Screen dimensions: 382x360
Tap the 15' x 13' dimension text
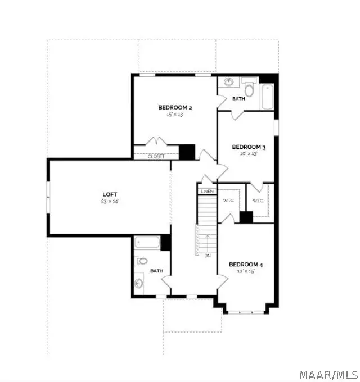click(175, 115)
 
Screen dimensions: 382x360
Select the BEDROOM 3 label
click(249, 147)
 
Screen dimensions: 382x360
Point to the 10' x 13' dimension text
click(248, 154)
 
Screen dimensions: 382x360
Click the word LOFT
click(109, 194)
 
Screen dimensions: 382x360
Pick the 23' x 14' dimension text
click(109, 201)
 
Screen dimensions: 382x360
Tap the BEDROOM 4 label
click(246, 264)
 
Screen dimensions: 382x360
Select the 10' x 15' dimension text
click(246, 271)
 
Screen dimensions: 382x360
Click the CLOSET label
click(156, 157)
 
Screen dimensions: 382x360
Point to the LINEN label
click(206, 192)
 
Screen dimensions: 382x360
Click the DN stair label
click(208, 256)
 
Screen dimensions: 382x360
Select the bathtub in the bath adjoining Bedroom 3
click(267, 97)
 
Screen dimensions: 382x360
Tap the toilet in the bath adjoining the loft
click(142, 261)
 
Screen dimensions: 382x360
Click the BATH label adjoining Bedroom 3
click(239, 99)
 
